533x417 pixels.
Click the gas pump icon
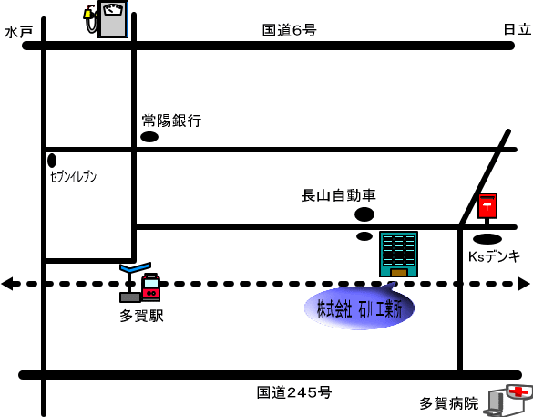pyautogui.click(x=107, y=19)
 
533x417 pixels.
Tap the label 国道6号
pyautogui.click(x=289, y=30)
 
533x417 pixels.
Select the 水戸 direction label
pyautogui.click(x=18, y=32)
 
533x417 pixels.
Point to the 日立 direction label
pyautogui.click(x=517, y=29)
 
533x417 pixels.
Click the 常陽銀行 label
pyautogui.click(x=171, y=120)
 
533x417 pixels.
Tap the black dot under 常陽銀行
pyautogui.click(x=149, y=137)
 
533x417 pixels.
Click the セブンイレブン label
pyautogui.click(x=73, y=177)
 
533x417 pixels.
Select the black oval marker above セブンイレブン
pyautogui.click(x=52, y=161)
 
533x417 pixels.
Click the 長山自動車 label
pyautogui.click(x=339, y=195)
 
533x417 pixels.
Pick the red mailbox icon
pyautogui.click(x=487, y=208)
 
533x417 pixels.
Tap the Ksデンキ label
pyautogui.click(x=494, y=256)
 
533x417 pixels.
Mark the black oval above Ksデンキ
pyautogui.click(x=487, y=239)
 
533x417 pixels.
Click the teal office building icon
pyautogui.click(x=398, y=254)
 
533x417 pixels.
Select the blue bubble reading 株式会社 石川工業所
pyautogui.click(x=359, y=308)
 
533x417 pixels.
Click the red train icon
pyautogui.click(x=150, y=287)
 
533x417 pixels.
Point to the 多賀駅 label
pyautogui.click(x=142, y=316)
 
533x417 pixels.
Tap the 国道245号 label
pyautogui.click(x=294, y=392)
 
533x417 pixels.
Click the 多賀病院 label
pyautogui.click(x=448, y=403)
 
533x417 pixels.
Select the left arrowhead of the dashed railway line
pyautogui.click(x=7, y=284)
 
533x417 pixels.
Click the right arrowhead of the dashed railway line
pyautogui.click(x=524, y=284)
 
